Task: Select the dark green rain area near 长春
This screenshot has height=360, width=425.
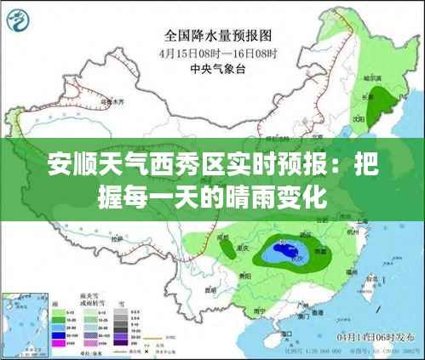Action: pos(388,106)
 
